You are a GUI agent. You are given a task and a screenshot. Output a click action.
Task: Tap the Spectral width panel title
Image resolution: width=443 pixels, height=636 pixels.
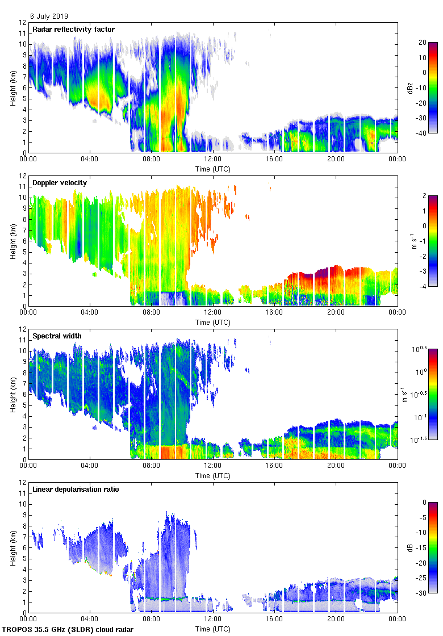tap(57, 336)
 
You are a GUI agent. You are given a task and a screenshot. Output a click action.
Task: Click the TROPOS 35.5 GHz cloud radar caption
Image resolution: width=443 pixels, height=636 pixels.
tap(69, 630)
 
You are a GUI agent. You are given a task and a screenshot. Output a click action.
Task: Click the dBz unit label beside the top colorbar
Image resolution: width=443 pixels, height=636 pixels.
tap(431, 87)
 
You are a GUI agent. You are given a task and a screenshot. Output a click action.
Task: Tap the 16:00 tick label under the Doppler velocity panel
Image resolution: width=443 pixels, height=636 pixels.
tap(274, 312)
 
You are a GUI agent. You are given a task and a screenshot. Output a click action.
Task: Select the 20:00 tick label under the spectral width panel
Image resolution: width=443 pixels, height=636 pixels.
tap(336, 465)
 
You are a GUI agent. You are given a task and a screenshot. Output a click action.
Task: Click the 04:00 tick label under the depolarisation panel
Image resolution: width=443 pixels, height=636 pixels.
tap(90, 618)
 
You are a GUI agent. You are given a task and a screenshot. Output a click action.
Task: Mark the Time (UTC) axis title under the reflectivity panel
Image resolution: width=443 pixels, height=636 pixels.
tap(213, 169)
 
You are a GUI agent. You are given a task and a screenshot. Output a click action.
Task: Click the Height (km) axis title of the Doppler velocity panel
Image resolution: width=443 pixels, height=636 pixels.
tap(12, 241)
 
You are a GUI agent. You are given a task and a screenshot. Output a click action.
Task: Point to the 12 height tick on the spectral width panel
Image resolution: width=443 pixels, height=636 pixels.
tap(22, 329)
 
